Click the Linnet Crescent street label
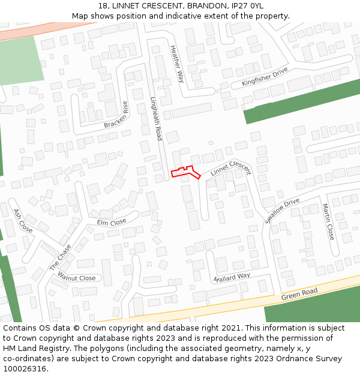click(230, 168)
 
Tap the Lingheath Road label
click(156, 119)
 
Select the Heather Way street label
click(177, 64)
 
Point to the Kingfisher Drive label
click(265, 77)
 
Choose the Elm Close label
click(112, 222)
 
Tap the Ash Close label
click(23, 221)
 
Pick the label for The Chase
click(60, 257)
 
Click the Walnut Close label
click(76, 278)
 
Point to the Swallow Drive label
click(281, 211)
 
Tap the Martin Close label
click(327, 221)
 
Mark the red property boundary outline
click(185, 173)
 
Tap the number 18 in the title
click(103, 6)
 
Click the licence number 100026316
click(26, 368)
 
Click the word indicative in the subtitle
click(196, 16)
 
